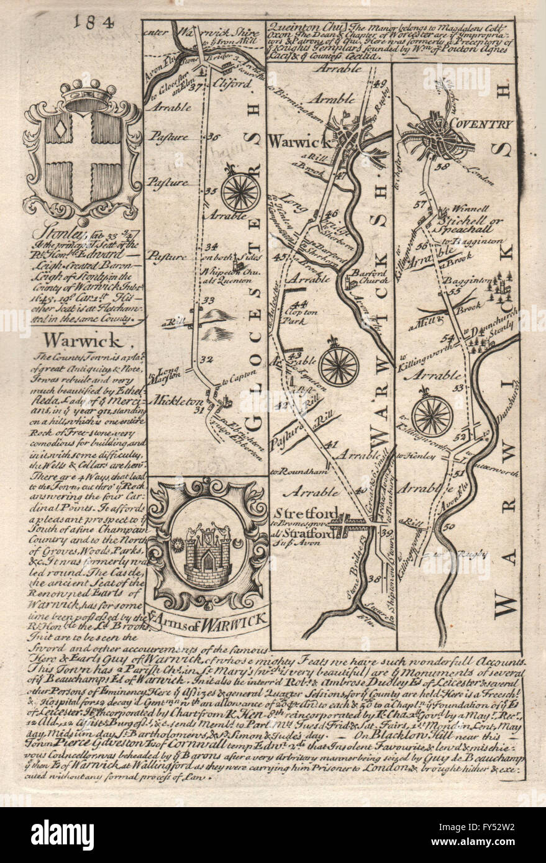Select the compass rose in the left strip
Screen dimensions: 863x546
coord(240,192)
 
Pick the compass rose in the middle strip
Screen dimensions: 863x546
coord(339,365)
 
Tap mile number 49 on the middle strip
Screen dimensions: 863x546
coord(380,84)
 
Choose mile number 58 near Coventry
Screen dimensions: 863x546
coord(442,166)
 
